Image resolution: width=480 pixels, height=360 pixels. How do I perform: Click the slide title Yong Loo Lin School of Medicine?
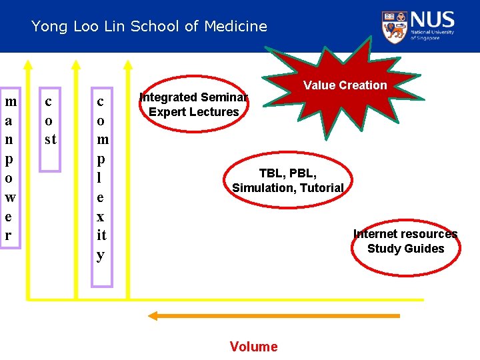(149, 27)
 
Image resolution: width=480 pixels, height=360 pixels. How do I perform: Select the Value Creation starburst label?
(345, 85)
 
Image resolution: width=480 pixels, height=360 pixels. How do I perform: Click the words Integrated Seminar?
(193, 97)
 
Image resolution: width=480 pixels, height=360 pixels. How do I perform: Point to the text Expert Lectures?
(193, 111)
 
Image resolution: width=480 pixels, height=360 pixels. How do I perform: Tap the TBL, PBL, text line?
(288, 173)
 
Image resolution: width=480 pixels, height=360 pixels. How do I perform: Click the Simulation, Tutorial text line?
(288, 188)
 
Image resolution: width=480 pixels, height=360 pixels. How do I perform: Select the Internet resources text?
(405, 234)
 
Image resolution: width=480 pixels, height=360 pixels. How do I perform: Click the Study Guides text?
(405, 249)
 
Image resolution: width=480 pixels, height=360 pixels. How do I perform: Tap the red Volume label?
(253, 346)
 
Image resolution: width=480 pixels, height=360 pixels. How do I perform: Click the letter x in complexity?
(101, 216)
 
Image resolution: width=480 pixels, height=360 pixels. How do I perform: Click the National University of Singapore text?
(432, 35)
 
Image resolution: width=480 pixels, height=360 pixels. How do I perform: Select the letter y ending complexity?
(101, 255)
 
